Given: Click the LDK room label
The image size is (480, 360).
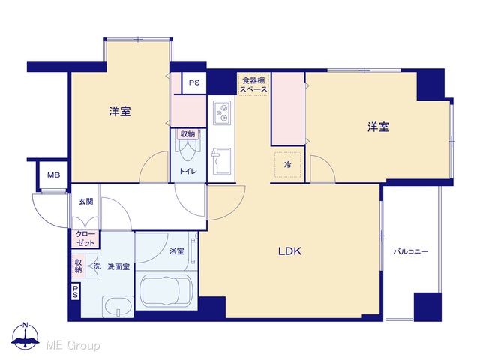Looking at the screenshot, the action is pyautogui.click(x=289, y=251).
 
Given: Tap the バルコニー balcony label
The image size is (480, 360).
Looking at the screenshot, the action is pyautogui.click(x=411, y=252).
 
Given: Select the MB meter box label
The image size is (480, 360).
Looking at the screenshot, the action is pyautogui.click(x=53, y=175).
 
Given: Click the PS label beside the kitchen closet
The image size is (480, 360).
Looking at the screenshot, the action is pyautogui.click(x=194, y=82).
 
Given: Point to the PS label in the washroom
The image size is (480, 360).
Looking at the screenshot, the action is pyautogui.click(x=75, y=292).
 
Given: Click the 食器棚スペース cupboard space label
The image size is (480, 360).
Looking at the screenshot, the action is pyautogui.click(x=253, y=85).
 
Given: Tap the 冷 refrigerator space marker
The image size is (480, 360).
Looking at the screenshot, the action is pyautogui.click(x=287, y=165).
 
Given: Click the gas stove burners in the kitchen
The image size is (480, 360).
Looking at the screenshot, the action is pyautogui.click(x=222, y=112).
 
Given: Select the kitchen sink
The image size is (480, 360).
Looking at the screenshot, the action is pyautogui.click(x=221, y=161).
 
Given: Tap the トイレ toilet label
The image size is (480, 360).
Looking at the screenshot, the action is pyautogui.click(x=188, y=172).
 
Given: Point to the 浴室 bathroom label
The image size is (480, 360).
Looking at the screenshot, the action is pyautogui.click(x=177, y=251).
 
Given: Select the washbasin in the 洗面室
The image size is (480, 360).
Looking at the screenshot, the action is pyautogui.click(x=118, y=305).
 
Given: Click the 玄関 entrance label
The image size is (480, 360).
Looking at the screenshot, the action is pyautogui.click(x=86, y=202).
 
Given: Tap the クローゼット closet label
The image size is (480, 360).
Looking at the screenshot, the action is pyautogui.click(x=85, y=238).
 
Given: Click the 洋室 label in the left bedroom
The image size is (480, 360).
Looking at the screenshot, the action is pyautogui.click(x=120, y=112).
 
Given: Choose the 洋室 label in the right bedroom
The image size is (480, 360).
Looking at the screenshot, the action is pyautogui.click(x=378, y=127).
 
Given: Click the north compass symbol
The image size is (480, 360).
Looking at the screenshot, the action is pyautogui.click(x=25, y=336).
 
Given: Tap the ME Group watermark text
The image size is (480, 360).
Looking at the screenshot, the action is pyautogui.click(x=73, y=345).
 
